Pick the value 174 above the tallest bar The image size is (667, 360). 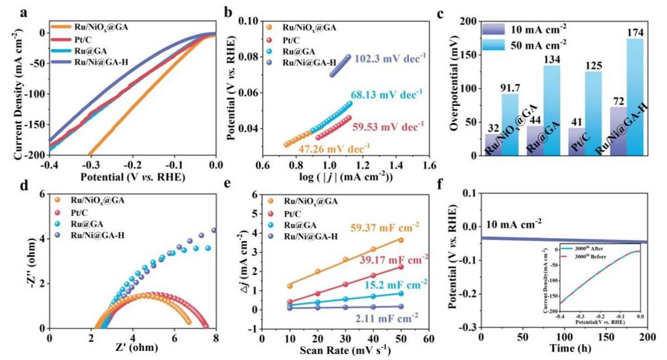point(634,32)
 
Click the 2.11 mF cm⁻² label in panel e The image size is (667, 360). point(391,319)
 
